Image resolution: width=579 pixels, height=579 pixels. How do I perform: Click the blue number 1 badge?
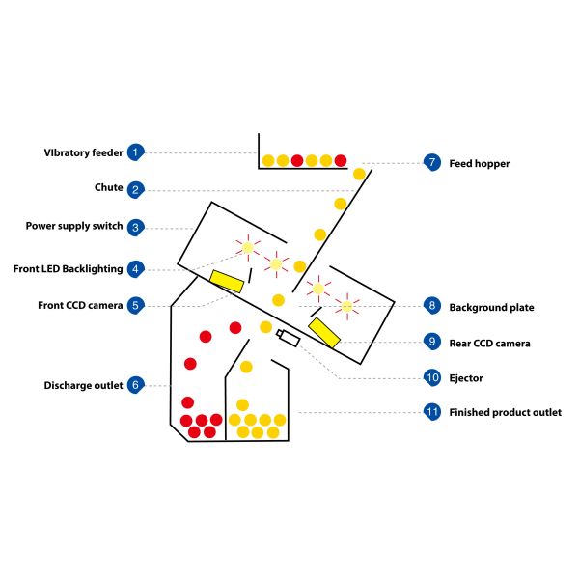pyautogui.click(x=136, y=152)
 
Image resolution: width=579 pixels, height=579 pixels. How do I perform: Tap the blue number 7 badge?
pyautogui.click(x=431, y=162)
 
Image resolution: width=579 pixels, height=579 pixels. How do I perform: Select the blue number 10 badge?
pyautogui.click(x=431, y=377)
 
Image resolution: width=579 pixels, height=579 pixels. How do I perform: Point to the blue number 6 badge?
pyautogui.click(x=136, y=385)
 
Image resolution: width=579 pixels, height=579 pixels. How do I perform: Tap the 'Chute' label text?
pyautogui.click(x=108, y=189)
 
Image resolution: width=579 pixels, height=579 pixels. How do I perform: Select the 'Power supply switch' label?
pyautogui.click(x=74, y=227)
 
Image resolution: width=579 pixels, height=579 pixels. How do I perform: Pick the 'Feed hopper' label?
pyautogui.click(x=479, y=164)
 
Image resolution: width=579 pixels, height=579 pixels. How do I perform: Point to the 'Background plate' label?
pyautogui.click(x=491, y=307)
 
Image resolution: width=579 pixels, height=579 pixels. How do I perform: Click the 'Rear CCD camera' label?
pyautogui.click(x=489, y=343)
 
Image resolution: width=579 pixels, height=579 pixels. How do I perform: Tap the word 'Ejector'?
pyautogui.click(x=466, y=378)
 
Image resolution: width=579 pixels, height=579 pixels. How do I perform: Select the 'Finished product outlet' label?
pyautogui.click(x=505, y=413)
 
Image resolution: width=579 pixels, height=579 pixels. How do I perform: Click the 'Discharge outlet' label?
pyautogui.click(x=83, y=386)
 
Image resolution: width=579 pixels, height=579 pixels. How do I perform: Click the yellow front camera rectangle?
pyautogui.click(x=228, y=281)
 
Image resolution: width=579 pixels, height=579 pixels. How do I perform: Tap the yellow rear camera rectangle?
pyautogui.click(x=324, y=332)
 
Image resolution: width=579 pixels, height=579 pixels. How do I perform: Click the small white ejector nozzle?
pyautogui.click(x=288, y=337)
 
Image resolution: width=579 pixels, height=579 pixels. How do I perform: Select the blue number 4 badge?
pyautogui.click(x=136, y=268)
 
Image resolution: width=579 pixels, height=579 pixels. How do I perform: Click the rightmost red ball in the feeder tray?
pyautogui.click(x=340, y=160)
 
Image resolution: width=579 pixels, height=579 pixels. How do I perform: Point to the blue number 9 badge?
pyautogui.click(x=431, y=342)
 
